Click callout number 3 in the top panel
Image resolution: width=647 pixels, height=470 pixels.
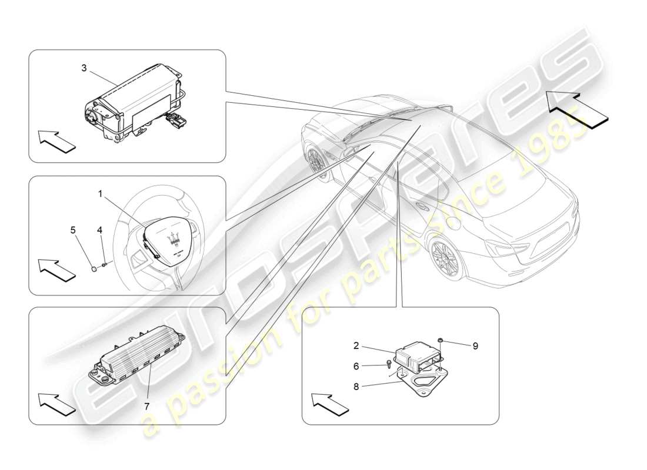click(x=84, y=68)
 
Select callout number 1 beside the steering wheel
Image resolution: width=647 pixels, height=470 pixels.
click(x=100, y=193)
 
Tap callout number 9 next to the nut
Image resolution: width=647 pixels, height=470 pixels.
click(x=475, y=346)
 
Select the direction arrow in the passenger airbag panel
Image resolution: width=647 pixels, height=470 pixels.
click(x=58, y=142)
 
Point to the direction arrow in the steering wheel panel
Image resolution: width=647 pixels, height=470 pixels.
click(x=58, y=270)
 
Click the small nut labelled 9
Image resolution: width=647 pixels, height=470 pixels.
click(x=441, y=340)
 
